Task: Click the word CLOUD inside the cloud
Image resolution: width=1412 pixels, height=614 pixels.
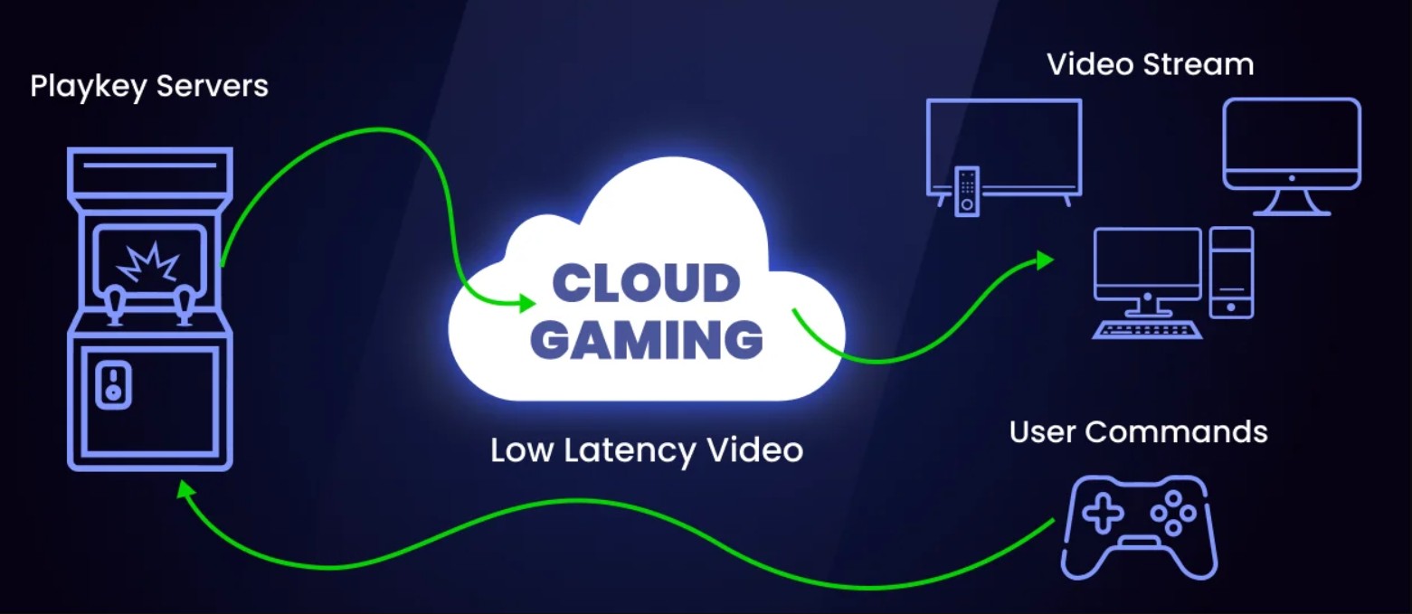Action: pos(646,284)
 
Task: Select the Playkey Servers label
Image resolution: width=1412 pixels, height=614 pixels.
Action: pos(149,87)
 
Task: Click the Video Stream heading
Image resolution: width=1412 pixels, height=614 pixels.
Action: pos(1150,64)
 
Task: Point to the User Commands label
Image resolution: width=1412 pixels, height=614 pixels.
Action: pos(1138,431)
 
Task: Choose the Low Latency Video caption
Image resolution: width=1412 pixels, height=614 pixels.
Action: pos(647,449)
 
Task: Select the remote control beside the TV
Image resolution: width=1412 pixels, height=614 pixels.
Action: pos(967,191)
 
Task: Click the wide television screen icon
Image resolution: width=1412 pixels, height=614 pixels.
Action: pos(1004,145)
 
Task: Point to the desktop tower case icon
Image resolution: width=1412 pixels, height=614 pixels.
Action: pos(1231,272)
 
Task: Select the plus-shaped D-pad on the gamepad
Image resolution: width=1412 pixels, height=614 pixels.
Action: pos(1102,514)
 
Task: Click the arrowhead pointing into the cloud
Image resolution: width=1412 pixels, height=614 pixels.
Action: pos(527,304)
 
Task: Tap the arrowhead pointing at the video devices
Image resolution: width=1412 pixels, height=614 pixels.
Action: pos(1046,261)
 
